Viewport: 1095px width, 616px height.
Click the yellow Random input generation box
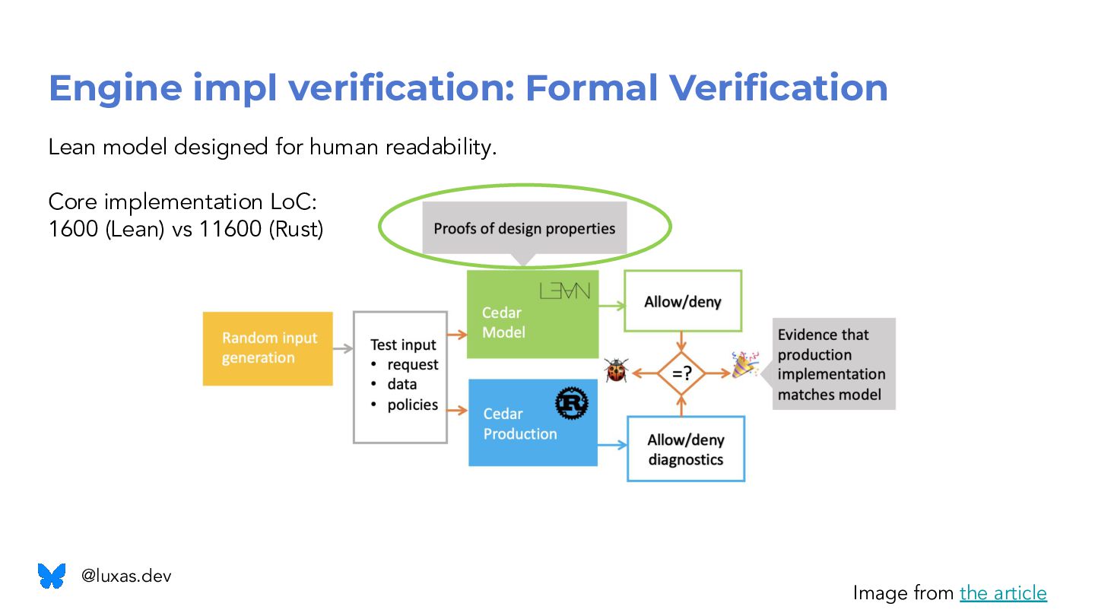(268, 348)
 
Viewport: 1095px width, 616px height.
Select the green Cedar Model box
(532, 314)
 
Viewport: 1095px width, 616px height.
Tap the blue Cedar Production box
(532, 423)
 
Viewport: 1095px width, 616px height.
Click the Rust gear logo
(572, 404)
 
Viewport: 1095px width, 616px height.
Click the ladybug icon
(615, 370)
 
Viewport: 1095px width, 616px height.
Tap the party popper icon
(744, 365)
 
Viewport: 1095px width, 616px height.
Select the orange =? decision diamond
(681, 373)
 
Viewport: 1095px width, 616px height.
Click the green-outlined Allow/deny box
(683, 301)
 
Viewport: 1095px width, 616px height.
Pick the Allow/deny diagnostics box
(685, 449)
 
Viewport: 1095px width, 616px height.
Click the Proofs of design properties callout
(524, 228)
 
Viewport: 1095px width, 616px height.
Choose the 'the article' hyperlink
(1003, 592)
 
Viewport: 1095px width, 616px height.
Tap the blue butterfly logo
(52, 576)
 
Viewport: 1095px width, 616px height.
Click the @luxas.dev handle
(126, 576)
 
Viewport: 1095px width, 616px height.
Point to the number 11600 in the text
(230, 229)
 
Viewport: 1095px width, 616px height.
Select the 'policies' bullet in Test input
(412, 405)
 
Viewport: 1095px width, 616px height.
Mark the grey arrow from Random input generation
(343, 349)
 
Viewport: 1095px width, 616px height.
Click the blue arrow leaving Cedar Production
(612, 445)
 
